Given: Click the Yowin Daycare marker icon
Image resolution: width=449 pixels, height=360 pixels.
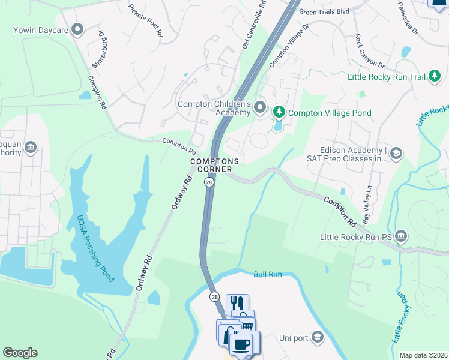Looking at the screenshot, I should point(77,29).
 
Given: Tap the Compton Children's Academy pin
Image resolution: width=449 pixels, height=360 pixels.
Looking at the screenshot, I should point(259,107).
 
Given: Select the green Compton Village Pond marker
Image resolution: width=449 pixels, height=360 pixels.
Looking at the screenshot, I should point(279,112).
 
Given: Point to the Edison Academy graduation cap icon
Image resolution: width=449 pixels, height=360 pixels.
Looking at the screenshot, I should point(396,154).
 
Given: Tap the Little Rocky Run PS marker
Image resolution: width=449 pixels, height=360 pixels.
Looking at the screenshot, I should point(402,237).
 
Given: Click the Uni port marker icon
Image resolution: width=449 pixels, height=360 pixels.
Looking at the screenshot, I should point(318,338).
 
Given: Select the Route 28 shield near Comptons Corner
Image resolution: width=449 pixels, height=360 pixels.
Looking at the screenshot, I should point(208,182).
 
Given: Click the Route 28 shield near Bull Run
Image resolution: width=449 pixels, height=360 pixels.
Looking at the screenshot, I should point(214,296).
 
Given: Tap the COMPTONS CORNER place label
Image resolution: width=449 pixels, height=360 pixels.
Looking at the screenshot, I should point(214,166).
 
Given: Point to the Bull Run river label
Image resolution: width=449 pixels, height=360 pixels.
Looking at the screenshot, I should point(267,274).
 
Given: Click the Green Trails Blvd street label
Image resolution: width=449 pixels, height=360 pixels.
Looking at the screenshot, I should point(324,11).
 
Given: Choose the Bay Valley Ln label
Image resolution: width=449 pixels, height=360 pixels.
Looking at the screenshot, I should point(367,203).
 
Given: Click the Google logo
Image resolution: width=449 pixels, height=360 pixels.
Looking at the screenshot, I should point(20,353).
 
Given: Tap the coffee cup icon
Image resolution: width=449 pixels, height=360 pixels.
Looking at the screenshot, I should point(242,344).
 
